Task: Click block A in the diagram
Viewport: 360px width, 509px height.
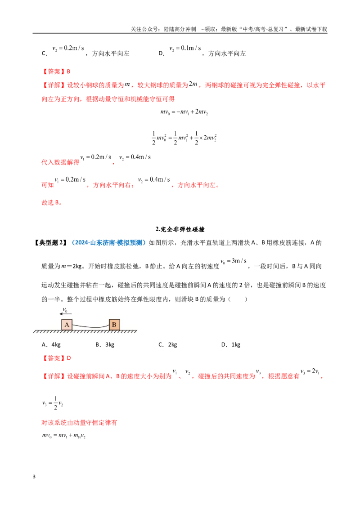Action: click(x=67, y=325)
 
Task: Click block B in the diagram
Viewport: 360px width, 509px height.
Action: click(x=114, y=325)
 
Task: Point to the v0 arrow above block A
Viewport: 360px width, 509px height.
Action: click(x=66, y=314)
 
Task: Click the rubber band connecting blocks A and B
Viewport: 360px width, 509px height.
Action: click(x=90, y=326)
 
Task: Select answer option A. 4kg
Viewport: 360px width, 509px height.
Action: click(x=51, y=345)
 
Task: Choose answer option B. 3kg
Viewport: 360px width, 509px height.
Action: click(x=105, y=345)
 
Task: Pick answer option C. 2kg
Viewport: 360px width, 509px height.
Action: click(x=168, y=345)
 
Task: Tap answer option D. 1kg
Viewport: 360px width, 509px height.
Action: click(x=231, y=345)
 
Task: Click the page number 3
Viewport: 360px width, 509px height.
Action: click(x=34, y=477)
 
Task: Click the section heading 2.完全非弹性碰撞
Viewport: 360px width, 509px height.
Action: click(x=180, y=229)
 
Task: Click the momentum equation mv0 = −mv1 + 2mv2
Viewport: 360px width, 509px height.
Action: click(x=184, y=112)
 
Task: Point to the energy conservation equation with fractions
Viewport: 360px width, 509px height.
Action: click(x=184, y=138)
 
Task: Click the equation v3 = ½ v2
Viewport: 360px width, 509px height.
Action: click(x=53, y=403)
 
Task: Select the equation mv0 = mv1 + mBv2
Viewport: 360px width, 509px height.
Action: click(x=64, y=436)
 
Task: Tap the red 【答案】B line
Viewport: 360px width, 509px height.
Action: click(x=56, y=71)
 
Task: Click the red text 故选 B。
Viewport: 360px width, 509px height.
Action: click(x=52, y=202)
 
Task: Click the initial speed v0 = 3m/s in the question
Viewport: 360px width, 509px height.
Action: click(x=234, y=261)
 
